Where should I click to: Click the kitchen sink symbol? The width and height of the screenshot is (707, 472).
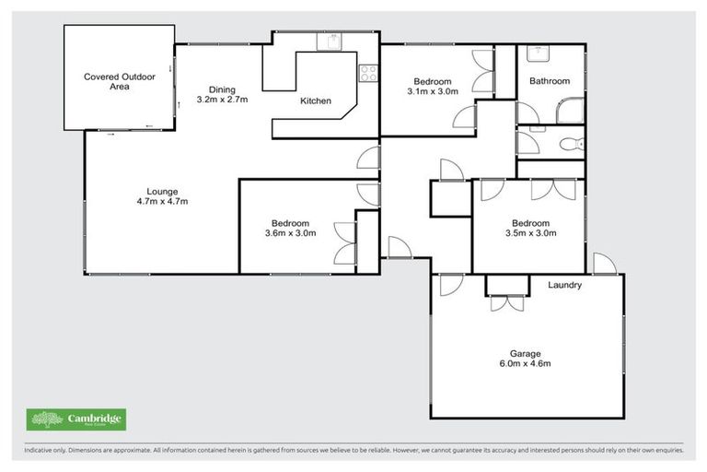(330, 41)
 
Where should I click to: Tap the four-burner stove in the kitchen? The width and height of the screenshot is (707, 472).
(368, 72)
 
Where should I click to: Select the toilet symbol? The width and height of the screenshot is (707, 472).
(571, 143)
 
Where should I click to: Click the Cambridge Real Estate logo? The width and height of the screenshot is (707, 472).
(77, 419)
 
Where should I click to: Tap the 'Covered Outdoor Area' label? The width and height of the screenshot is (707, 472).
(118, 82)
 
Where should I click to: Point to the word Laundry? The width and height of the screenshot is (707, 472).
(564, 285)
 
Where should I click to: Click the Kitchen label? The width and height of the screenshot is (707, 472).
(316, 101)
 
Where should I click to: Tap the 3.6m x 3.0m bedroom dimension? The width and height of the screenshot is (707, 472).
(290, 233)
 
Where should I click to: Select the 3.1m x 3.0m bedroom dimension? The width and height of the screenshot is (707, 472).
(432, 91)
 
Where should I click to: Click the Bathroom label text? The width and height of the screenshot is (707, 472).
(550, 81)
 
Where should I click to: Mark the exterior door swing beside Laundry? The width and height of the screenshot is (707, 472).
(604, 264)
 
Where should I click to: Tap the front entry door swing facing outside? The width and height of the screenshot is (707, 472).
(399, 248)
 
